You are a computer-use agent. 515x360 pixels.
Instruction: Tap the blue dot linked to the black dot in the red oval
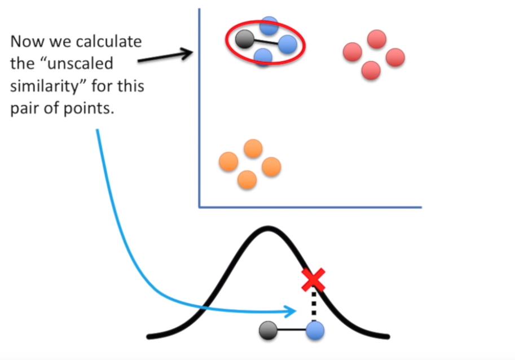pos(287,43)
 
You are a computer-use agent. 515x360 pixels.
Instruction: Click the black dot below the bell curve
pos(268,331)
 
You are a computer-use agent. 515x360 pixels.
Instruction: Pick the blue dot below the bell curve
pos(314,331)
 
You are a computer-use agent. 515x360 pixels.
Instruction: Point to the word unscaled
pos(79,64)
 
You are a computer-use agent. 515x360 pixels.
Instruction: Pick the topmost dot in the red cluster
pos(376,39)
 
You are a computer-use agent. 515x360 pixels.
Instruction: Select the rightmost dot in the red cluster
pos(395,56)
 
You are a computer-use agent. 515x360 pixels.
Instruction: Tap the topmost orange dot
pos(253,149)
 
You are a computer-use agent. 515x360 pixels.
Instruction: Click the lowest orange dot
pos(247,179)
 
